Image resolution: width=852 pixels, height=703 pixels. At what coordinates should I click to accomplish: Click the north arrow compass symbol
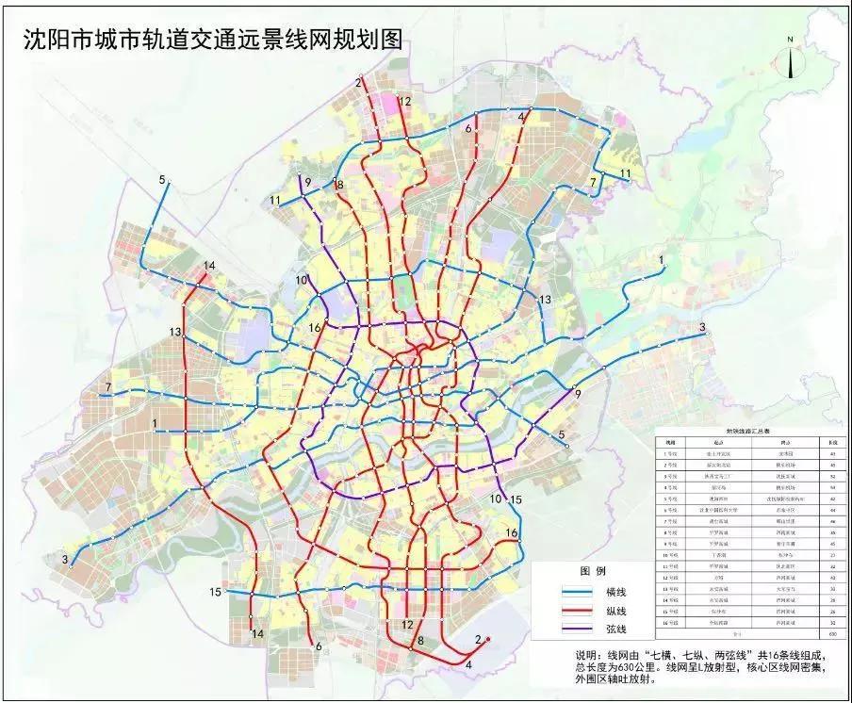790,61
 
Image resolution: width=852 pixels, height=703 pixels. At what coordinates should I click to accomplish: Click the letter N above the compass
790,39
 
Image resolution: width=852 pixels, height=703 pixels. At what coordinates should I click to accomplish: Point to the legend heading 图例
591,571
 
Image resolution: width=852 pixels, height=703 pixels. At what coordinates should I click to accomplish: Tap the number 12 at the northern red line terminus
405,101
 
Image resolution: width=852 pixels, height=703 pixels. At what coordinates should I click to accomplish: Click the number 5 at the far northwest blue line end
162,179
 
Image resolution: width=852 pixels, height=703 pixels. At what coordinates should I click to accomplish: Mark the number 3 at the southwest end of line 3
65,560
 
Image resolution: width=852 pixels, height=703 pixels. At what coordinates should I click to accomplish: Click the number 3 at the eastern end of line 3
702,327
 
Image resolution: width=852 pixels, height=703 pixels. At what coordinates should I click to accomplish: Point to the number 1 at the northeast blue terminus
662,258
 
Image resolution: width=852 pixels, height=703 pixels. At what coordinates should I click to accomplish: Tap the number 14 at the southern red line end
256,634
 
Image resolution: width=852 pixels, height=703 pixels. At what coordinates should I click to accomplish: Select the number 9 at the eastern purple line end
577,393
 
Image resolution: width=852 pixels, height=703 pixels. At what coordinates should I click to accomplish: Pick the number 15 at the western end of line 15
215,591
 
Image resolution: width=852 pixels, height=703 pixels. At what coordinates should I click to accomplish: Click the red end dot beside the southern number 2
488,639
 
